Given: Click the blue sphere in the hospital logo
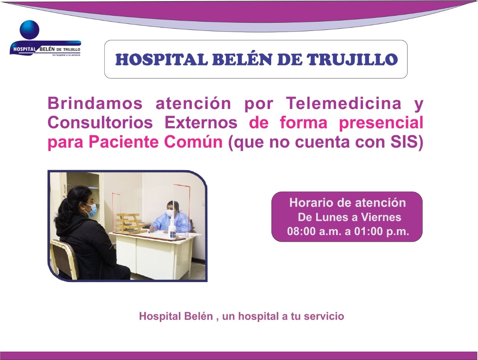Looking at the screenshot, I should (30, 30).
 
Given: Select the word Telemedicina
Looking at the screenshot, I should (344, 103).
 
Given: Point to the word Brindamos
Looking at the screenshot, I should (95, 103).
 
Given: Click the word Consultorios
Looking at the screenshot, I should (100, 123).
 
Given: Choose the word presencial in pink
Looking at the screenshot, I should (381, 123).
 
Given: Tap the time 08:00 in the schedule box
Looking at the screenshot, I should (301, 231).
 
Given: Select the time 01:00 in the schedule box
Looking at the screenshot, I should (369, 231).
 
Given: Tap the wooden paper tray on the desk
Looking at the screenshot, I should (129, 223).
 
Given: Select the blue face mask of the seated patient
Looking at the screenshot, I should (91, 210).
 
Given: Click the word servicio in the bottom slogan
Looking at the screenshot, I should (324, 316).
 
